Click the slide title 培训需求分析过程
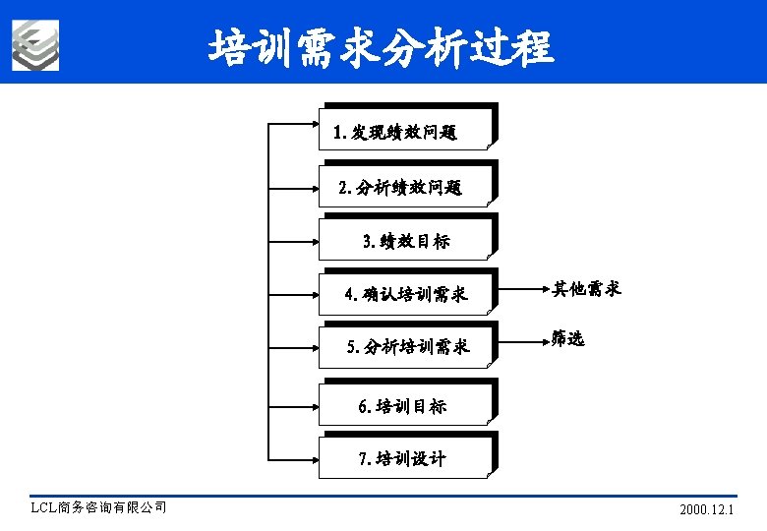382,46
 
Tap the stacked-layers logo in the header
35,45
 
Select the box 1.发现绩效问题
404,130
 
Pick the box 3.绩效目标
404,239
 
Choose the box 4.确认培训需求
404,293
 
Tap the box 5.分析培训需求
404,345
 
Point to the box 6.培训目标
404,404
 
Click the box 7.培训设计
404,457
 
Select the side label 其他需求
586,289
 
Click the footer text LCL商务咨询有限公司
99,508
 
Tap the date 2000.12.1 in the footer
707,509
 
